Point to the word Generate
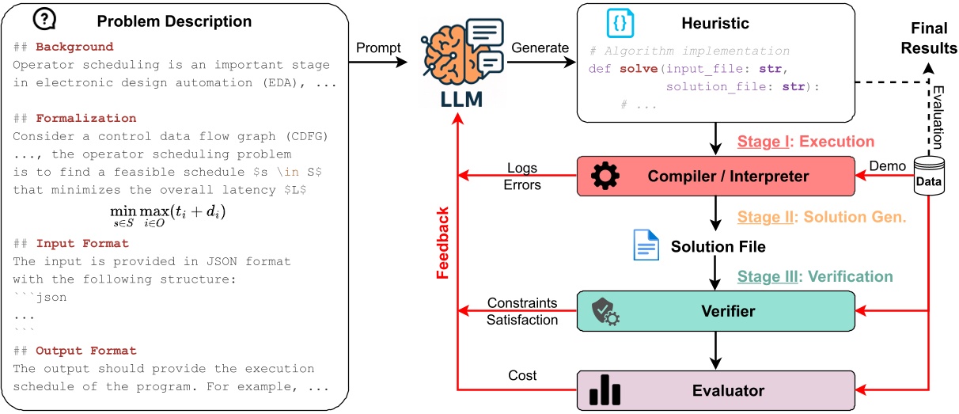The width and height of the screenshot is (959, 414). pyautogui.click(x=540, y=47)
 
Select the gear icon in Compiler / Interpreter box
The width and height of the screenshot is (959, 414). pyautogui.click(x=605, y=176)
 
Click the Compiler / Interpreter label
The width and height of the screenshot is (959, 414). pyautogui.click(x=726, y=176)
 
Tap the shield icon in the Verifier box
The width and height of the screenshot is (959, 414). pyautogui.click(x=605, y=311)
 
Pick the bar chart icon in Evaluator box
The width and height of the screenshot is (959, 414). pyautogui.click(x=605, y=389)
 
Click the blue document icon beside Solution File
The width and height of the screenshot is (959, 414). pyautogui.click(x=646, y=245)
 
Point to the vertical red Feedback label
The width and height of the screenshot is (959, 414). pyautogui.click(x=444, y=243)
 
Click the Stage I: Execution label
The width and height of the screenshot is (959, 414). pyautogui.click(x=805, y=142)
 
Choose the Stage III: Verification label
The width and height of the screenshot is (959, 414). pyautogui.click(x=815, y=276)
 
